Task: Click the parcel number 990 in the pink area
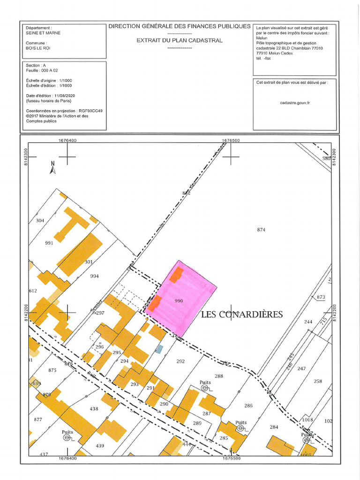point(178,301)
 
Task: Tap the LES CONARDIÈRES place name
point(242,314)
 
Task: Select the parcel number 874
point(261,230)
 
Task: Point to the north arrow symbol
point(53,168)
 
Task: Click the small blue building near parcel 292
point(159,349)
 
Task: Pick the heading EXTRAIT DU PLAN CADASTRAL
point(180,40)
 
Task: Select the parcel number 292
point(180,361)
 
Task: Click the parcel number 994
point(95,277)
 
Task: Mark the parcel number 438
point(94,409)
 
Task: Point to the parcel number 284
point(274,427)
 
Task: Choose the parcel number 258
point(318,381)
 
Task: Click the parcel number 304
point(40,220)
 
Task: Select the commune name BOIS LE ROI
point(39,48)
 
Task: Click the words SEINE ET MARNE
point(43,33)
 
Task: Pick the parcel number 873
point(321,297)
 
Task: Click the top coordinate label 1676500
point(231,140)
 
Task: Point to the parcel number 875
point(52,370)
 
